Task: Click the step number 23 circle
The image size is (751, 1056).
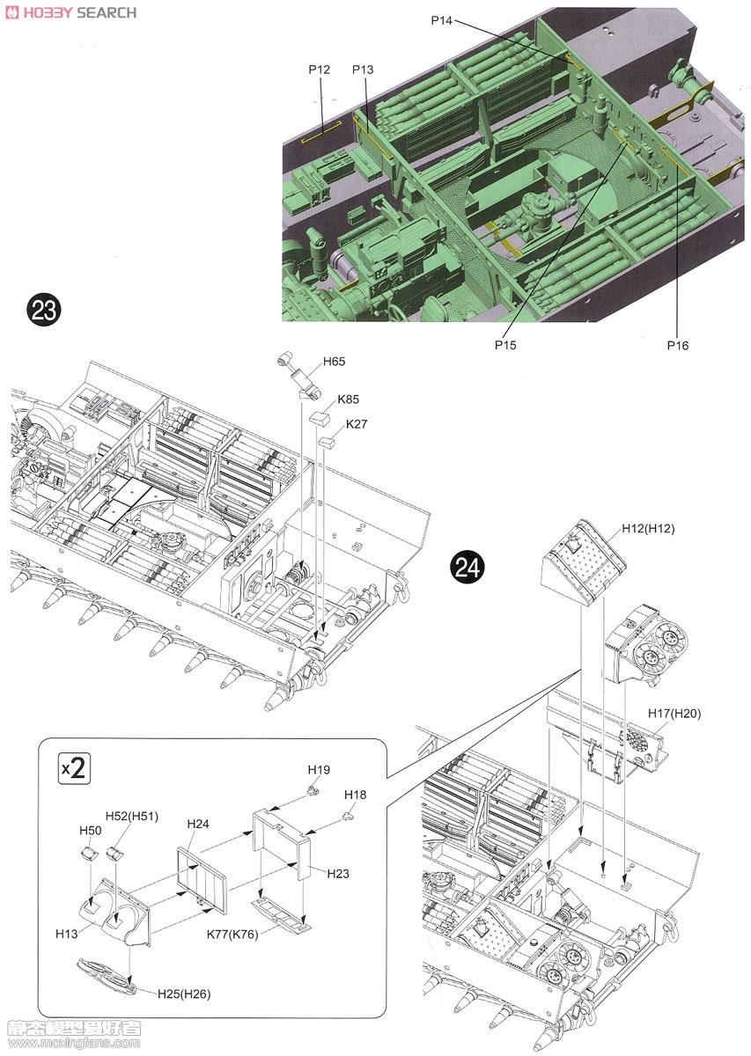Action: (44, 310)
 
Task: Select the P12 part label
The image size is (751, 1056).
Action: (319, 70)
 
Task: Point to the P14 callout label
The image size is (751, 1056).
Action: (442, 19)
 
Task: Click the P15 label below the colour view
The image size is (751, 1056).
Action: (505, 345)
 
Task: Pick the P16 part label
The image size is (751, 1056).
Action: (677, 345)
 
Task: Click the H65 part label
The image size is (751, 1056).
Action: (335, 362)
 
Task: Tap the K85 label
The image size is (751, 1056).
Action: (348, 398)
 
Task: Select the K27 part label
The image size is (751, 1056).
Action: (357, 424)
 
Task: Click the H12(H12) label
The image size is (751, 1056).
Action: (647, 528)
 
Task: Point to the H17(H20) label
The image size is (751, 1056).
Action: (674, 714)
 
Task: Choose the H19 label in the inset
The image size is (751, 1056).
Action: (319, 770)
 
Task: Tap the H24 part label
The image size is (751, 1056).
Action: (198, 824)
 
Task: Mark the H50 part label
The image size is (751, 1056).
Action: (91, 831)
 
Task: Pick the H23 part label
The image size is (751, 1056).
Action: (338, 874)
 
